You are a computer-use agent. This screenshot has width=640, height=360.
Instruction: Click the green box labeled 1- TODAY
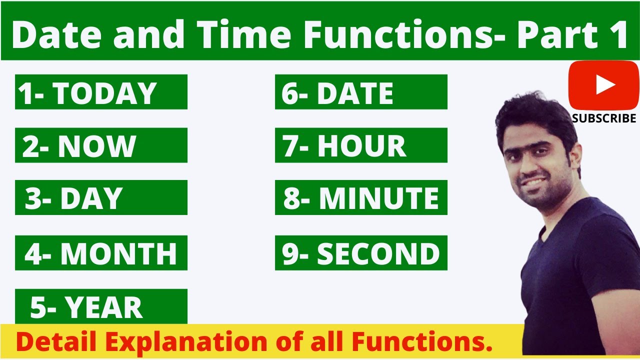101,92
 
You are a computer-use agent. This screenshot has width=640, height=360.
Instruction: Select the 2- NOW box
101,145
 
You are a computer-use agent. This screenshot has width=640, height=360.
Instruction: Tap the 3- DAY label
101,197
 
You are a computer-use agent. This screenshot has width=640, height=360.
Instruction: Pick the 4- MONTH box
101,253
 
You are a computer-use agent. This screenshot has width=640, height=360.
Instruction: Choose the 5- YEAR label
101,306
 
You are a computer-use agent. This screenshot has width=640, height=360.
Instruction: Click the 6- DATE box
361,92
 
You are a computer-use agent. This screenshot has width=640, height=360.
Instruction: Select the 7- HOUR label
361,145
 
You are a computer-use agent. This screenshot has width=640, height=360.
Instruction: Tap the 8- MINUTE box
361,197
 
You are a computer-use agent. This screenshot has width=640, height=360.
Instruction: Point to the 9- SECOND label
361,253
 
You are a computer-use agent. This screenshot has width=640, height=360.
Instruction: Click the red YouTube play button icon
603,85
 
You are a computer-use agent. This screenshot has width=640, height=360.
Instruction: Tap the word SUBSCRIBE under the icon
604,118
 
